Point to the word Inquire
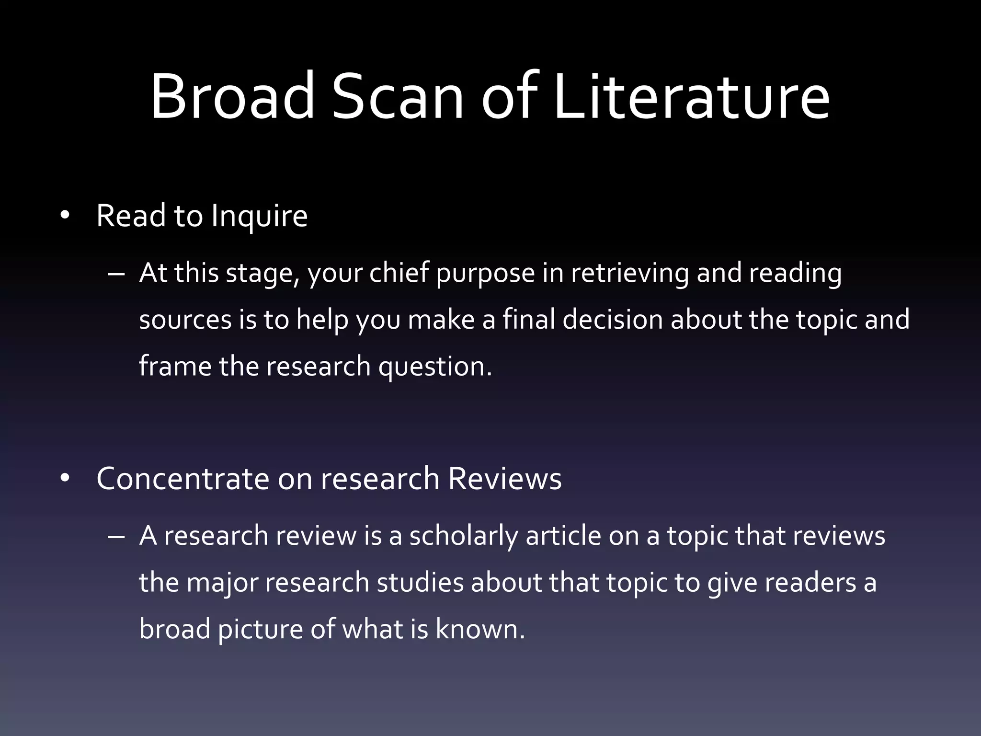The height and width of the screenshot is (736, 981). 259,217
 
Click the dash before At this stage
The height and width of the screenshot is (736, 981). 116,274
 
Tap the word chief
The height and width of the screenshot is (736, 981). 399,273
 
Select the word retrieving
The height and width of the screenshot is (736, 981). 629,274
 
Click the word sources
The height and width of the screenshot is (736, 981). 185,320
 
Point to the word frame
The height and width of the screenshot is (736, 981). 175,366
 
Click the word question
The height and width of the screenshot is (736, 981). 435,367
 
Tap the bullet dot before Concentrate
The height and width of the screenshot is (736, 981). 65,478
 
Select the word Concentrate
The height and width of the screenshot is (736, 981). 183,479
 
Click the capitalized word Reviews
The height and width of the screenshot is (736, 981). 504,479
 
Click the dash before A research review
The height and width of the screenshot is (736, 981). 116,536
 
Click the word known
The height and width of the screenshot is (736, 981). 480,629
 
